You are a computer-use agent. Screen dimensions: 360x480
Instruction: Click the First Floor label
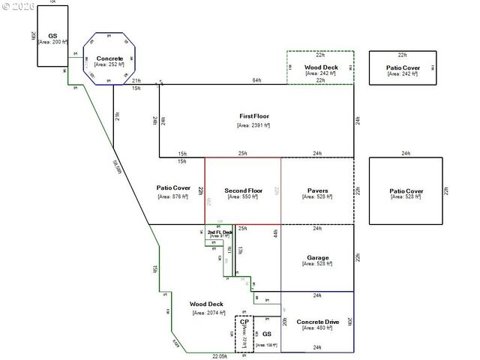click(254, 116)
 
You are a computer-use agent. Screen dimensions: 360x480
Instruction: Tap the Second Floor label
click(243, 190)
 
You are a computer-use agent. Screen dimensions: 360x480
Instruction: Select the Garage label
click(317, 258)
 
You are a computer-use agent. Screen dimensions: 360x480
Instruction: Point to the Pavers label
click(317, 190)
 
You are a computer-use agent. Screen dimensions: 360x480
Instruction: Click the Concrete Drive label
click(317, 322)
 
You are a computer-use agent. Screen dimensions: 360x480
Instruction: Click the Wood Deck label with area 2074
click(206, 304)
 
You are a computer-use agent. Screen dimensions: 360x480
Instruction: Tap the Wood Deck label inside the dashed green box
click(320, 67)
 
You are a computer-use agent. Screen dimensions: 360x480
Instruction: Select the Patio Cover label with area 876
click(173, 187)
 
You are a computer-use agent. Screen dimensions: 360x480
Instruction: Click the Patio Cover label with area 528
click(406, 191)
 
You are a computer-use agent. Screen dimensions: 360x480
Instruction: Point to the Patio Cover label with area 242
click(403, 67)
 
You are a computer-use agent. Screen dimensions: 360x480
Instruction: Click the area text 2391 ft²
click(254, 125)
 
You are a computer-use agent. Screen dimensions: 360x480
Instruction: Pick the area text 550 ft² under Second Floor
click(243, 196)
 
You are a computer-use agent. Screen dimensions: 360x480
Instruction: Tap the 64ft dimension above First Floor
click(256, 80)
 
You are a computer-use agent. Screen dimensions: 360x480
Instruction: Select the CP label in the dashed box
click(244, 322)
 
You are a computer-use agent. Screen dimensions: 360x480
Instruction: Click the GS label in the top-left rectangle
click(52, 35)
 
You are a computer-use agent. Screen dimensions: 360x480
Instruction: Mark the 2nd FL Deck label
click(219, 232)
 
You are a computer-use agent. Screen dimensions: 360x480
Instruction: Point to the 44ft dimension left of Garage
click(275, 233)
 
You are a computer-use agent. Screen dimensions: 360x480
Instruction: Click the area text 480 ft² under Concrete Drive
click(317, 330)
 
